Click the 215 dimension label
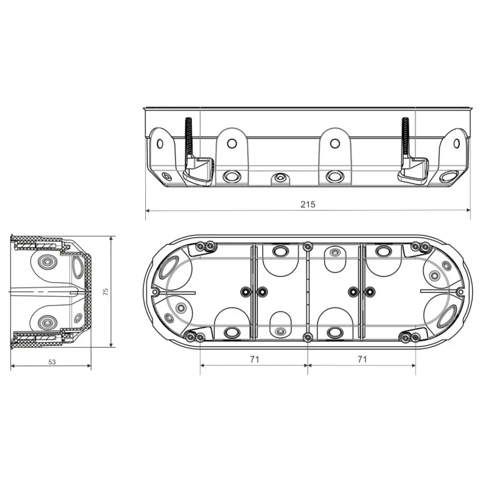(x=308, y=204)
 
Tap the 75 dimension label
(x=105, y=291)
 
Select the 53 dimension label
(x=52, y=362)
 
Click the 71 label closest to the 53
(x=255, y=359)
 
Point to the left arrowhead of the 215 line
(x=147, y=210)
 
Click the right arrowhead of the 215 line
(x=468, y=210)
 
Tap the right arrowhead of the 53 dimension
(x=89, y=366)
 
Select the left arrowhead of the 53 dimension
(x=13, y=366)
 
